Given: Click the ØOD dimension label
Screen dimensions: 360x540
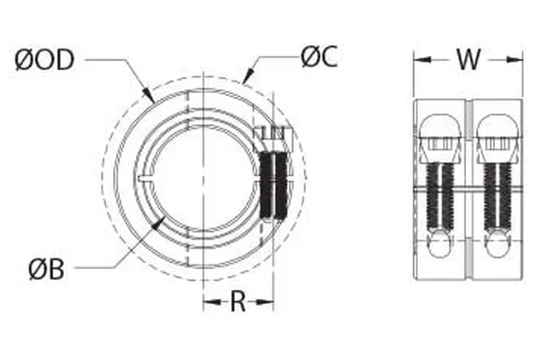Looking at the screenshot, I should pos(46,60).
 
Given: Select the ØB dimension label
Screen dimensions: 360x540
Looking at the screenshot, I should pos(45,268).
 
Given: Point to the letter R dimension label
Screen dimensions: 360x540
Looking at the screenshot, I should pos(238,301).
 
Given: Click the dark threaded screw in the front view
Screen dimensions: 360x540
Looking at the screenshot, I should pos(271,185).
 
